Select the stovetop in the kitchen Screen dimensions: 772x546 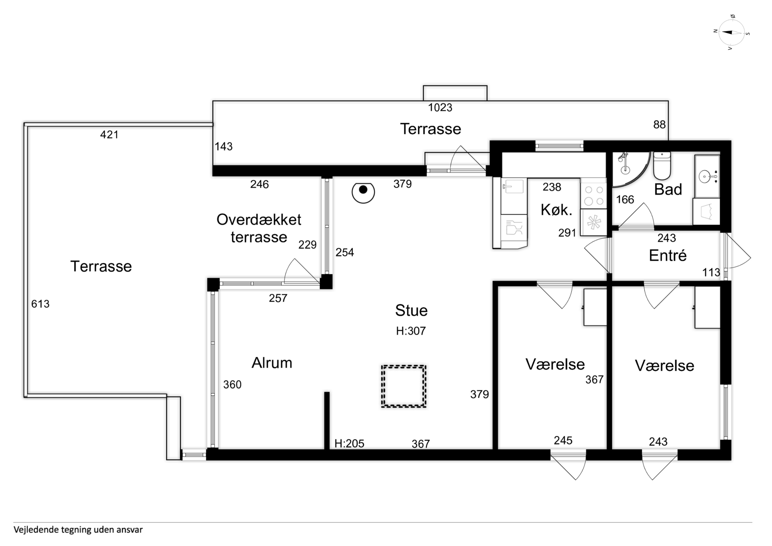(593, 195)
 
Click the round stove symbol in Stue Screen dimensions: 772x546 (363, 192)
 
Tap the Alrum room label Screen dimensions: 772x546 (272, 363)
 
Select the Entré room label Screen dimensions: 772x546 (667, 255)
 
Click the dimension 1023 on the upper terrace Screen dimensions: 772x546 (440, 108)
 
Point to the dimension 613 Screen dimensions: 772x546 (40, 304)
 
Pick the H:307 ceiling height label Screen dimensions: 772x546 (411, 331)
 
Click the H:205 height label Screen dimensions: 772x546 (349, 443)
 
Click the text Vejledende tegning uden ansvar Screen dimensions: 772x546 (78, 530)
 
